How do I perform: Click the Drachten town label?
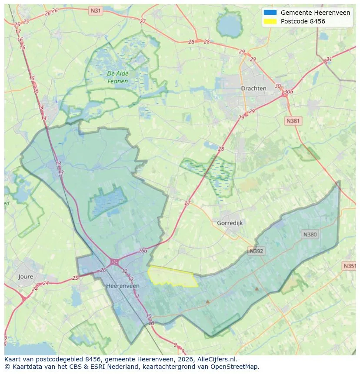[253, 88]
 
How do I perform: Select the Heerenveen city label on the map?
[123, 286]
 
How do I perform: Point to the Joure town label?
[26, 276]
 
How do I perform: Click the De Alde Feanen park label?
[118, 77]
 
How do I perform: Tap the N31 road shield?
[95, 10]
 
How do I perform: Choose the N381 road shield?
[293, 121]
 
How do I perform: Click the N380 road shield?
[310, 235]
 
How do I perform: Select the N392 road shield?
[257, 251]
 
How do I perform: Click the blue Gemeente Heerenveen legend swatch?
[270, 13]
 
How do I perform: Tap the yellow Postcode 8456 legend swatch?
[270, 21]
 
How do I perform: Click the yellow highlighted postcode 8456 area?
[172, 277]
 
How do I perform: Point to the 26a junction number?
[143, 251]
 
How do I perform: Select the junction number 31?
[329, 60]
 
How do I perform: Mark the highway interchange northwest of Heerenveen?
[115, 262]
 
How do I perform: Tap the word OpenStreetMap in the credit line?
[236, 367]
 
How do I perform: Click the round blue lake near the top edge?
[229, 27]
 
